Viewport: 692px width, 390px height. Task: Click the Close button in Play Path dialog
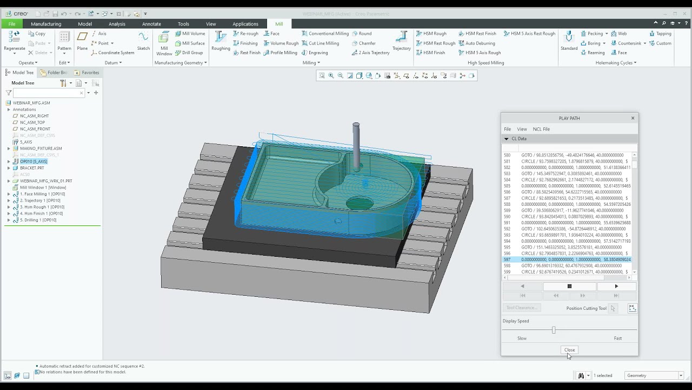coord(569,350)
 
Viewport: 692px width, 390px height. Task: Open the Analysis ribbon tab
coord(117,24)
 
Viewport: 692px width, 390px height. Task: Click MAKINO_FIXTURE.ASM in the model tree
coord(41,148)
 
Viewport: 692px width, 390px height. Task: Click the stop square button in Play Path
coord(569,286)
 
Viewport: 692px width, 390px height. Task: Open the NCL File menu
coord(541,129)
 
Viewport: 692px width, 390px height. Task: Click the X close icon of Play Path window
coord(633,118)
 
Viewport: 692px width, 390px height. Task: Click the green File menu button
coord(12,24)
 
